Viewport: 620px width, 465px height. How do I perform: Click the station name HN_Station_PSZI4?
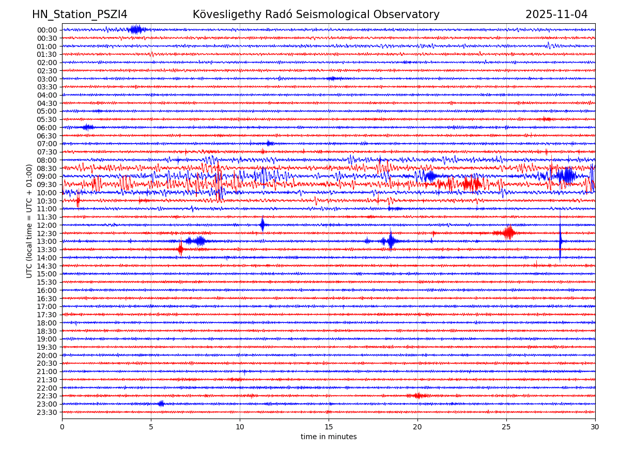pos(80,14)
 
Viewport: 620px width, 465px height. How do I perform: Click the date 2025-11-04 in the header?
pos(556,14)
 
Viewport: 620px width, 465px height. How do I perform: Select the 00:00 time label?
pos(47,30)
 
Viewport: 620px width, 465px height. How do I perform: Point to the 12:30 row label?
pos(47,234)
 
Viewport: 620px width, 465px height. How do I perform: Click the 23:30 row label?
pos(47,412)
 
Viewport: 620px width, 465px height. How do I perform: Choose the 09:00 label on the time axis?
pos(47,176)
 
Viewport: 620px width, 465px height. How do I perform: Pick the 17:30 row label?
pos(47,315)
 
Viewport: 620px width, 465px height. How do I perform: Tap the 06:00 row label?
pos(47,128)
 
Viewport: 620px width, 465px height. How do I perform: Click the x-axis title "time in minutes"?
pos(329,437)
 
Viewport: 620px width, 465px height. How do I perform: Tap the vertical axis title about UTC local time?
pos(29,221)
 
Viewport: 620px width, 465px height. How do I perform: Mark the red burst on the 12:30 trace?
pos(509,233)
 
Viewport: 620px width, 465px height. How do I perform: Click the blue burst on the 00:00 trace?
pos(136,29)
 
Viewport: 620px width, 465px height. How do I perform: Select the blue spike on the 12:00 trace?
pos(262,225)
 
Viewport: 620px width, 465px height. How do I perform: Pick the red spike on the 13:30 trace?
pos(180,249)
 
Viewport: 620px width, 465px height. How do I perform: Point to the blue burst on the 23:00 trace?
pos(161,404)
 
